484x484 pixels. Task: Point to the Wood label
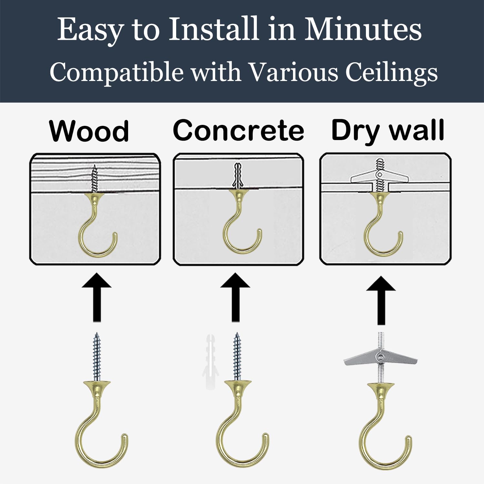(x=89, y=131)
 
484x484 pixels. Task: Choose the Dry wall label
(x=388, y=131)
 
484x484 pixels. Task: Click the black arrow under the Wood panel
(x=97, y=297)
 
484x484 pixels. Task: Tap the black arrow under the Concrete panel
(x=236, y=297)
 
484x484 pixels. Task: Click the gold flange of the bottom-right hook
(x=381, y=387)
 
